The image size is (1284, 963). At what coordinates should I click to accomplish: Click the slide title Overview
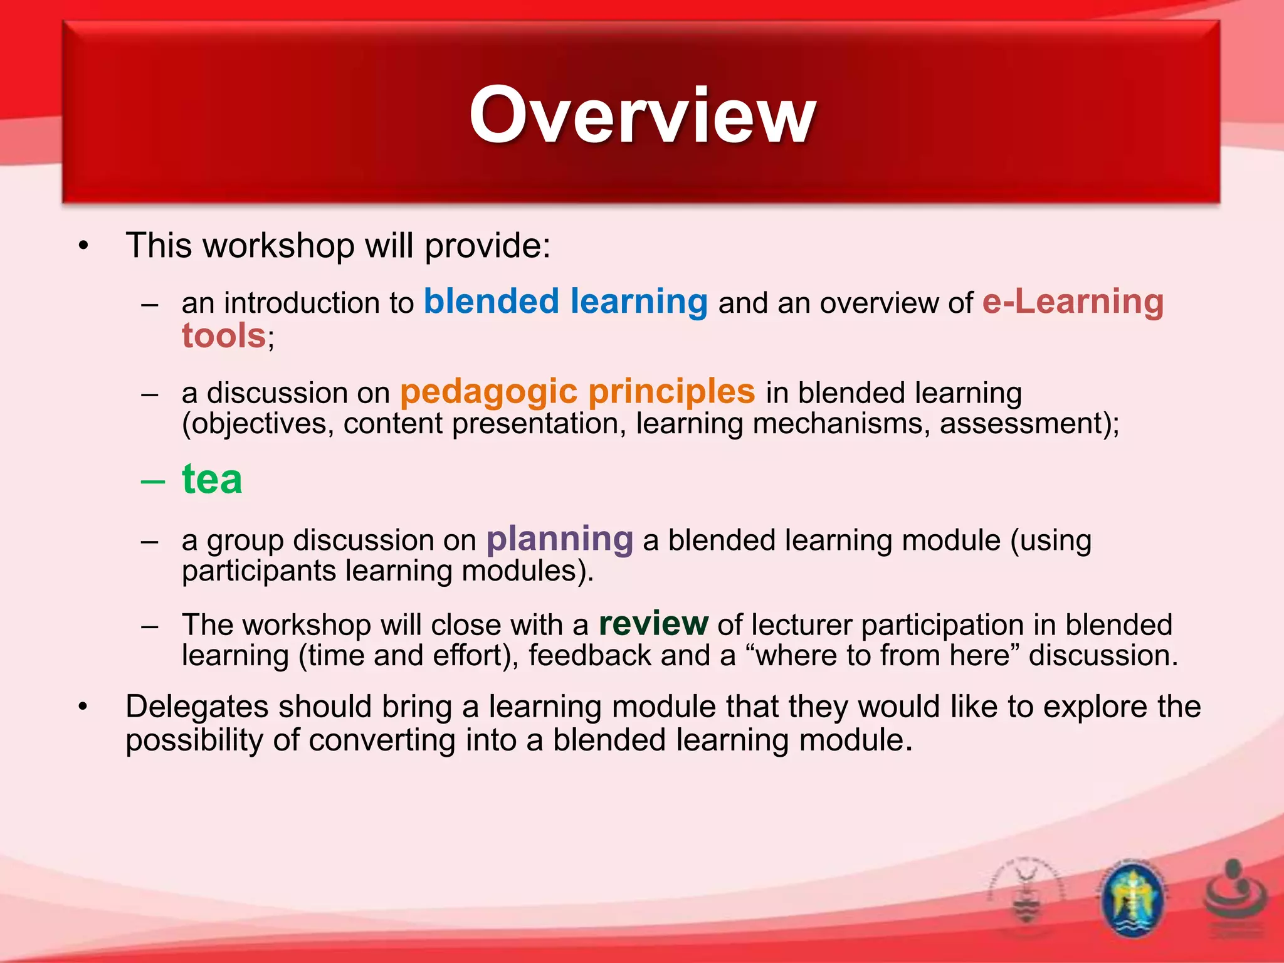642,116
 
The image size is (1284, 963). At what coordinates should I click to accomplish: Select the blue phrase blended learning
566,302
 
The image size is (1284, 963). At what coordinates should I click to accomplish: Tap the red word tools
224,335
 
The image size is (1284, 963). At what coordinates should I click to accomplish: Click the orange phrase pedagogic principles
577,392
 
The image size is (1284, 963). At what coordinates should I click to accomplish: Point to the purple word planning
560,539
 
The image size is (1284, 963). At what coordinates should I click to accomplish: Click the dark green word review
653,624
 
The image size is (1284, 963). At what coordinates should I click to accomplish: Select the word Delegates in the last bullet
197,707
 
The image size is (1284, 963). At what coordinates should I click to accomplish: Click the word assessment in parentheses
1021,423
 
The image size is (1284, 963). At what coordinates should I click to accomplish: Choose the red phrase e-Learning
1073,302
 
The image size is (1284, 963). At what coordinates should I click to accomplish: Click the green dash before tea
153,481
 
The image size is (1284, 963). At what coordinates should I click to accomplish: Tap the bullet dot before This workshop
83,246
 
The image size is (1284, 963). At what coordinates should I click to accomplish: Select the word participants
259,571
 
